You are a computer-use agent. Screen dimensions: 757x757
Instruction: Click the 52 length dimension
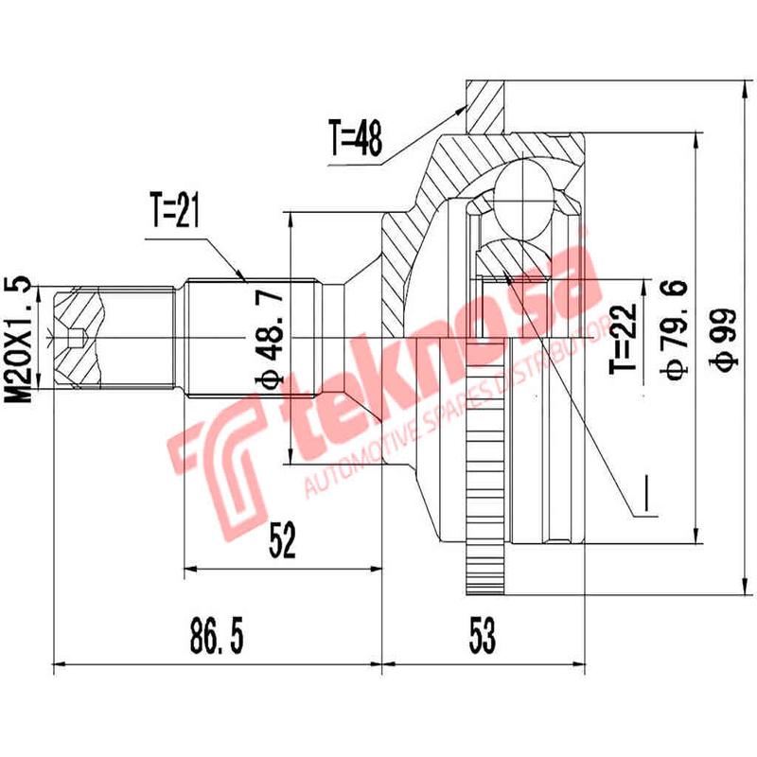point(281,540)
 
